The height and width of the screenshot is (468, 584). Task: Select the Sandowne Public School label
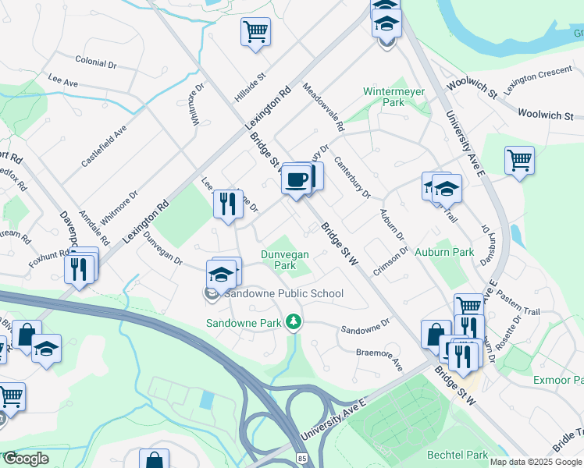point(284,294)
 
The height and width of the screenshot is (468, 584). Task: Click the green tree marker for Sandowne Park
point(293,321)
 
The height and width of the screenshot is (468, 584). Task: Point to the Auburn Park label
point(444,253)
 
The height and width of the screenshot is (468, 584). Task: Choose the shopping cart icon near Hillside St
point(255,32)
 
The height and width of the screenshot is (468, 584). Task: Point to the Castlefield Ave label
point(104,145)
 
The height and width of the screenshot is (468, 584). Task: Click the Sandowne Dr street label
point(364,325)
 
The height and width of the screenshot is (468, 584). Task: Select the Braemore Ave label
point(379,360)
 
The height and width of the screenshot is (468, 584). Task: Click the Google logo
point(27,459)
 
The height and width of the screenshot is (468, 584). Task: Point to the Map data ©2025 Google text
point(536,462)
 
